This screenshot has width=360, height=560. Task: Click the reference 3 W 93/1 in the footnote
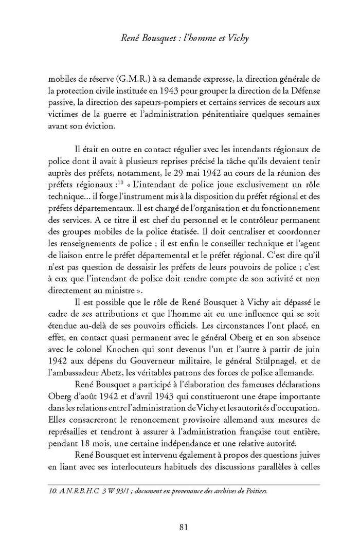coord(100,491)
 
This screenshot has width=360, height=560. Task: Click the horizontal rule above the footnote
coord(180,484)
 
